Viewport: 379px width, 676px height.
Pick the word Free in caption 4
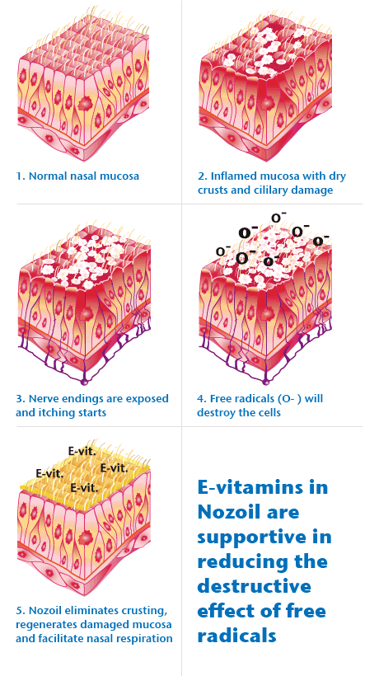[220, 399]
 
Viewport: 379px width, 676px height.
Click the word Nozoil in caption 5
[47, 611]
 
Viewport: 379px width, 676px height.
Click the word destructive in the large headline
[254, 586]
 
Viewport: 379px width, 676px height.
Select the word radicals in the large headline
[236, 636]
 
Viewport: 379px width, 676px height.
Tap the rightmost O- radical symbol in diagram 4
[321, 241]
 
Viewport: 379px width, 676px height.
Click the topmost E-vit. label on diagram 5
[82, 451]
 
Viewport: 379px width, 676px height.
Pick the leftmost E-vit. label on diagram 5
[49, 473]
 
